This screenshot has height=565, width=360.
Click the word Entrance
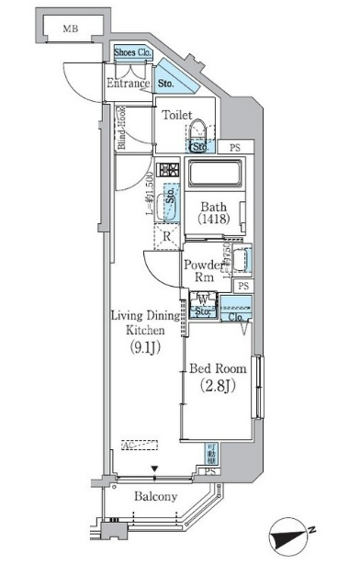[128, 85]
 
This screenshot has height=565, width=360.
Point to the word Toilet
[178, 117]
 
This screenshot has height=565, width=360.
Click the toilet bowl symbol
[202, 134]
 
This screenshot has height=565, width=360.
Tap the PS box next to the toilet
[235, 146]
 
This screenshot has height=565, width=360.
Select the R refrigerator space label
[167, 236]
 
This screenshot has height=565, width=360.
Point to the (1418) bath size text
[213, 220]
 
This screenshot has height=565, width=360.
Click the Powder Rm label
[202, 272]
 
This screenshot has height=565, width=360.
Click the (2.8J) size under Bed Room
[218, 387]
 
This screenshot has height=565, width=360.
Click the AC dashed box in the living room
[140, 444]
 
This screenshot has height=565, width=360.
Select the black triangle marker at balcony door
[154, 469]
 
